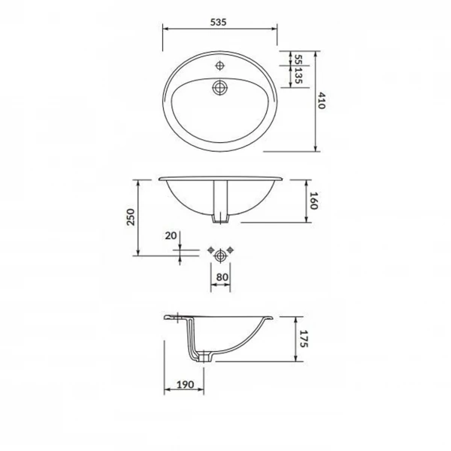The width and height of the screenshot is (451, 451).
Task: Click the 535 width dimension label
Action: pos(218,22)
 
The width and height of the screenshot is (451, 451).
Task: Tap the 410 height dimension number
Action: pos(321,101)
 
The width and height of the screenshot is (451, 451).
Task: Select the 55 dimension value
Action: pos(298,60)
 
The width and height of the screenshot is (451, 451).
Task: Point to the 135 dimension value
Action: pos(298,76)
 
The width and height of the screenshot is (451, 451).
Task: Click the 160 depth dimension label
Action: pos(313,201)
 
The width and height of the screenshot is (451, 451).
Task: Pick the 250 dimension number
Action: pos(131,217)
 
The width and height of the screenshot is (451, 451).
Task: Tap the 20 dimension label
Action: pos(171,235)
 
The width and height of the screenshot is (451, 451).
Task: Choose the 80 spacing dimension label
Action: pos(222,277)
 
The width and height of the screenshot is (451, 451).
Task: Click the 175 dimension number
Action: pos(304,339)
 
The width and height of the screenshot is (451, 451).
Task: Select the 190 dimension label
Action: pos(185,384)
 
